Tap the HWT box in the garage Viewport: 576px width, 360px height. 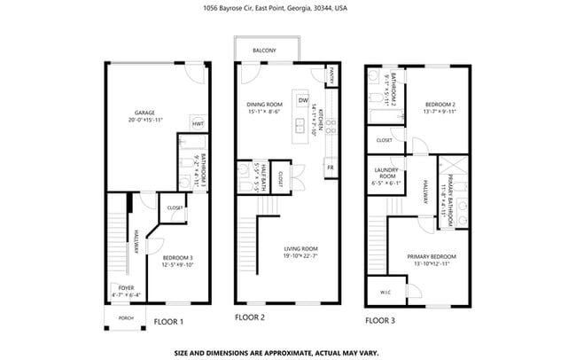pyautogui.click(x=198, y=124)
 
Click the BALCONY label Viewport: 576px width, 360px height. pyautogui.click(x=266, y=51)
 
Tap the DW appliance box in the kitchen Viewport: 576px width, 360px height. pyautogui.click(x=303, y=100)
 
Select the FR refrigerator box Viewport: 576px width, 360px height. pyautogui.click(x=330, y=167)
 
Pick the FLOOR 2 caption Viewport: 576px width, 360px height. pyautogui.click(x=250, y=317)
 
